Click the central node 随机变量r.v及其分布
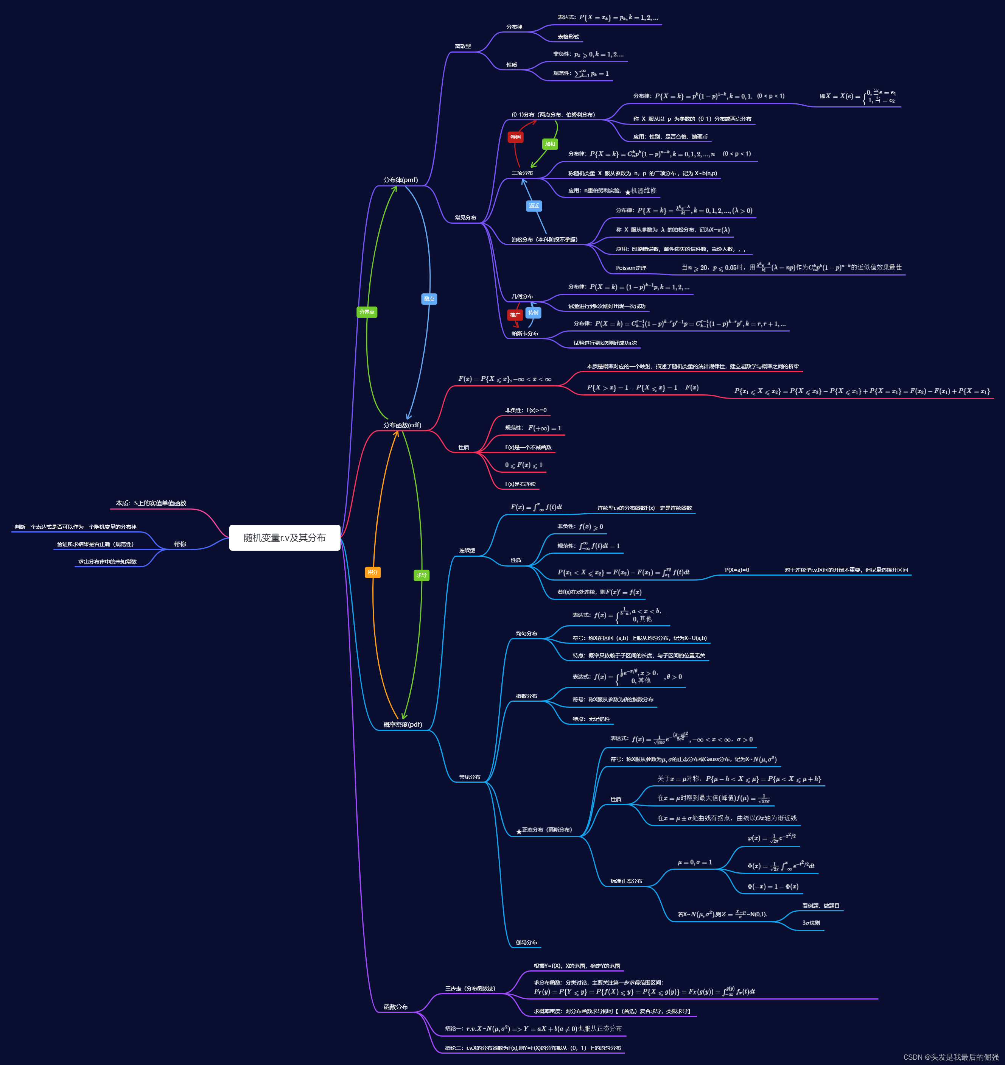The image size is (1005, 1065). [x=285, y=537]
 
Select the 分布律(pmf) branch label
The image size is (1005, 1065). [x=400, y=180]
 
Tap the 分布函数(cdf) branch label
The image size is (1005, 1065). [x=402, y=425]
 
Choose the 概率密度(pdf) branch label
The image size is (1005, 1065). [x=402, y=724]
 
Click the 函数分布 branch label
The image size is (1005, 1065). [x=395, y=1007]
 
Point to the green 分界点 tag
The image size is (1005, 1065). [x=367, y=312]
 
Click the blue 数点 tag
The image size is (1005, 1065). [x=429, y=298]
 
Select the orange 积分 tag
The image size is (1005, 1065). [x=373, y=572]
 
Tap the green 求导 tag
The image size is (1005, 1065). [x=422, y=575]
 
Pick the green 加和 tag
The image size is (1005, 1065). [x=550, y=143]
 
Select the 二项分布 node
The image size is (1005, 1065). [x=522, y=173]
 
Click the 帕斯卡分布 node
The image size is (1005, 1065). [x=524, y=333]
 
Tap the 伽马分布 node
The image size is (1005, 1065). [x=526, y=942]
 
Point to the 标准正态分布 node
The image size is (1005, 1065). [x=626, y=881]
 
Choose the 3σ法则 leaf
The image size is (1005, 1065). [x=811, y=923]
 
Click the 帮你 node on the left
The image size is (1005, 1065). [x=180, y=544]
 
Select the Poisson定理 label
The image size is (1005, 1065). [x=630, y=268]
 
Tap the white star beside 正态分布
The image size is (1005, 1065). [x=518, y=831]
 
